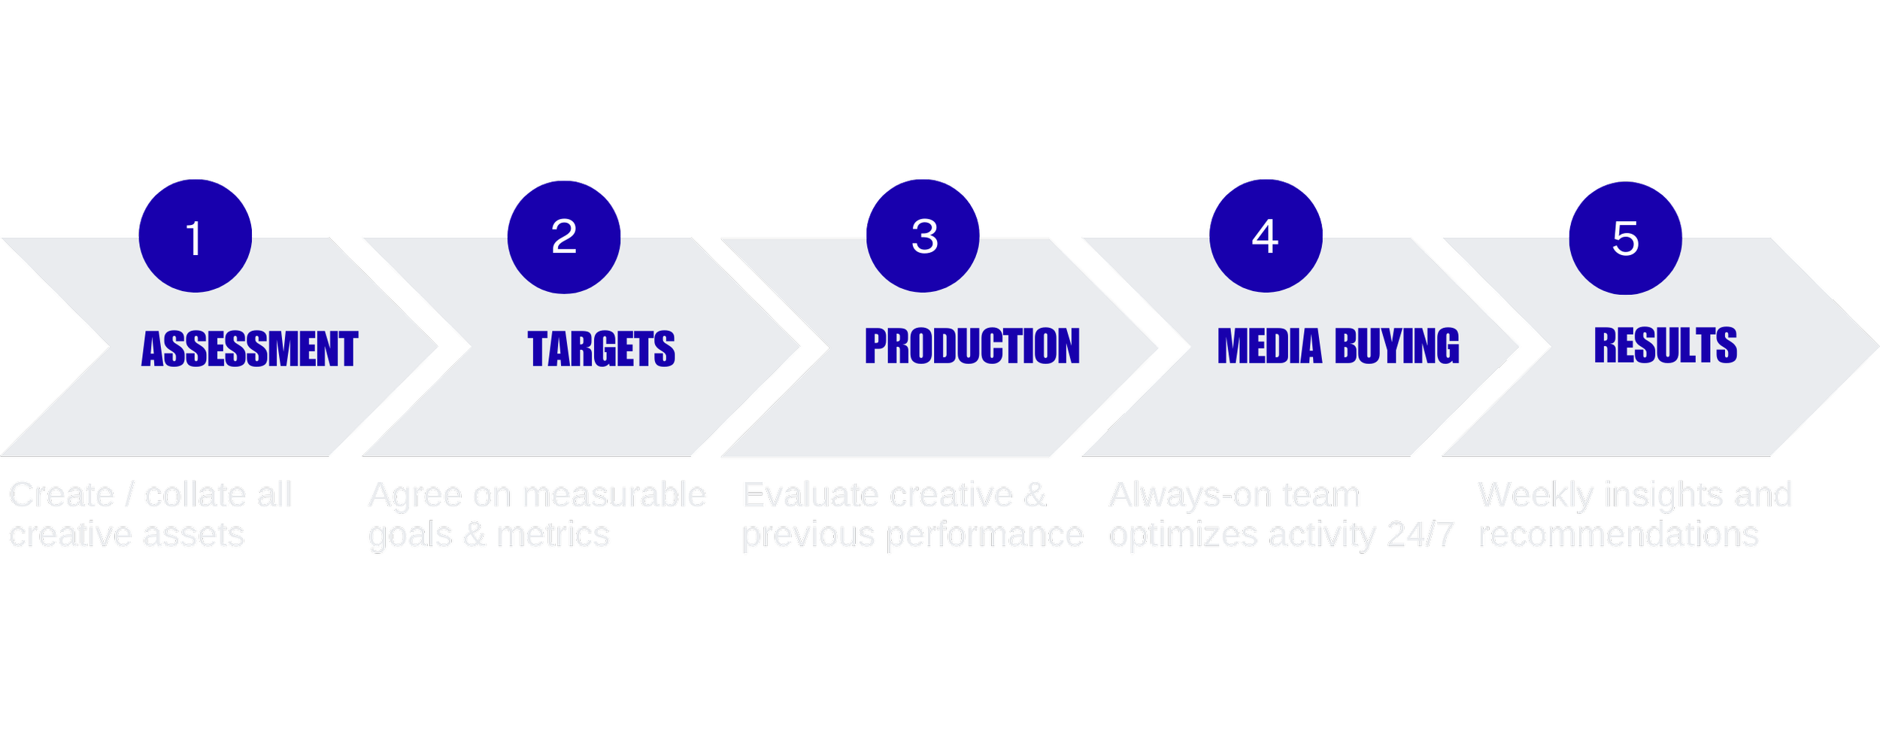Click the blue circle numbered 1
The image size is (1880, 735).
pyautogui.click(x=196, y=235)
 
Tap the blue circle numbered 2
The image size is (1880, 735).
pyautogui.click(x=564, y=237)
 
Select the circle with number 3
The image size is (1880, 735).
pyautogui.click(x=923, y=235)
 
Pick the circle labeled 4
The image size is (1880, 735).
pyautogui.click(x=1266, y=235)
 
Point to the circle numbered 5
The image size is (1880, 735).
pyautogui.click(x=1625, y=238)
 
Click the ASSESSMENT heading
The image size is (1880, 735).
pyautogui.click(x=250, y=349)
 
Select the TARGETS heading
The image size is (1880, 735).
pyautogui.click(x=602, y=349)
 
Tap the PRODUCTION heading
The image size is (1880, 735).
pyautogui.click(x=972, y=346)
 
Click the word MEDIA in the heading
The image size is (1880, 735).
pyautogui.click(x=1269, y=346)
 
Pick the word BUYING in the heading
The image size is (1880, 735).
pyautogui.click(x=1396, y=346)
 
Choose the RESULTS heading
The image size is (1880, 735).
pyautogui.click(x=1665, y=345)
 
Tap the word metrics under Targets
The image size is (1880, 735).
pyautogui.click(x=553, y=535)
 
